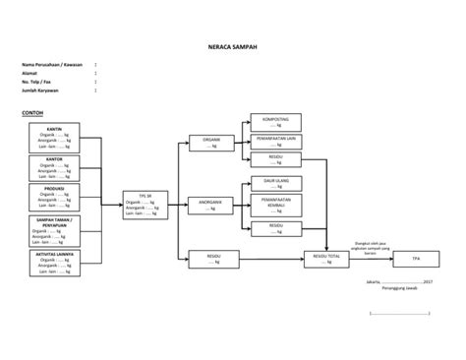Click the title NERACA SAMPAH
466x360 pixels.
pyautogui.click(x=232, y=46)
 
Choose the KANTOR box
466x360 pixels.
pyautogui.click(x=55, y=168)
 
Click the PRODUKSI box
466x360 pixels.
pyautogui.click(x=55, y=196)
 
